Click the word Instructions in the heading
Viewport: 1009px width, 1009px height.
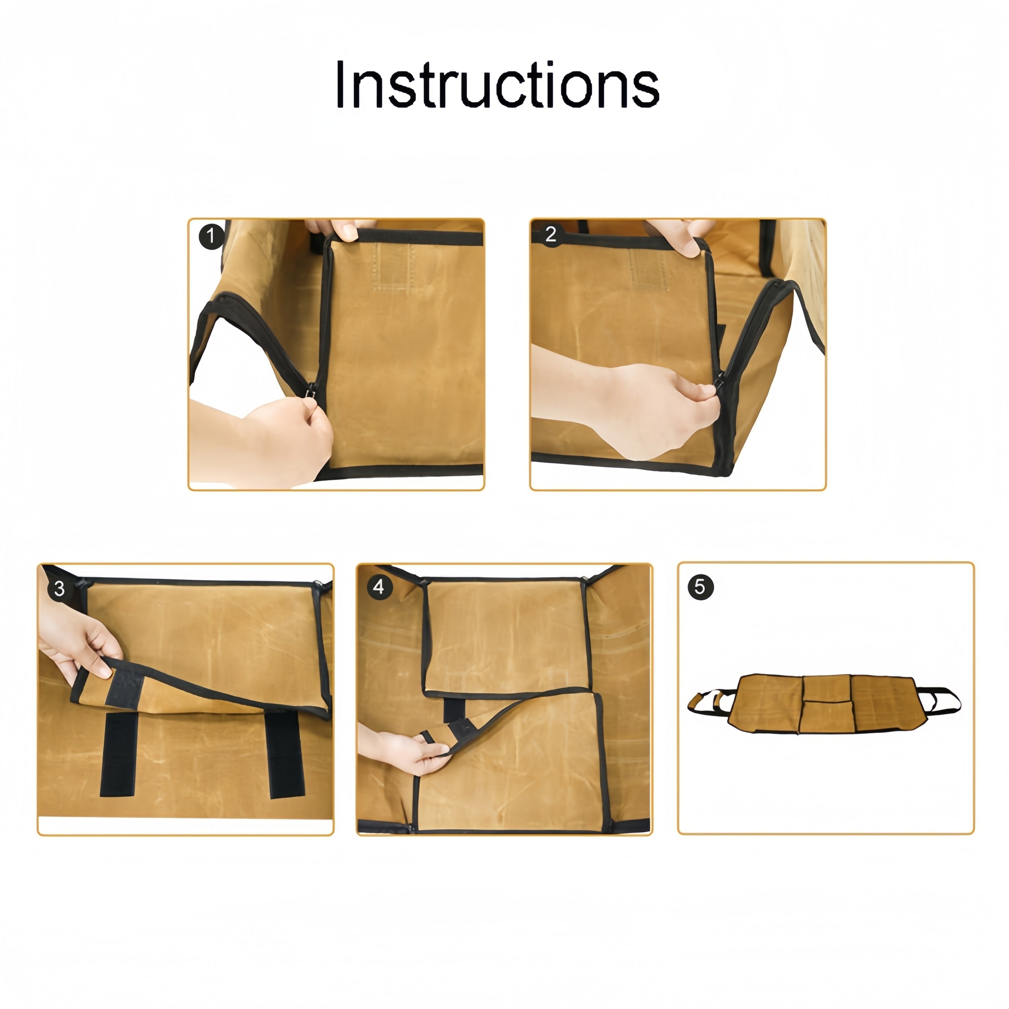(x=497, y=85)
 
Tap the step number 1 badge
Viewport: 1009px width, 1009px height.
(x=211, y=236)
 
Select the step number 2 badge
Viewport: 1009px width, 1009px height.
(x=551, y=234)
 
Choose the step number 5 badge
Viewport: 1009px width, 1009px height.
(x=700, y=587)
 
